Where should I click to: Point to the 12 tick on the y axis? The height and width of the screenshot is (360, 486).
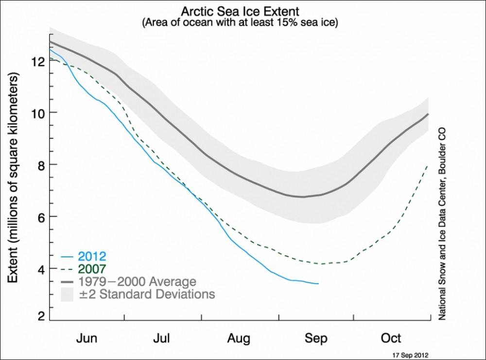[x=39, y=61]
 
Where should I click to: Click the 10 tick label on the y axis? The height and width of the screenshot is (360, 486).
[x=39, y=113]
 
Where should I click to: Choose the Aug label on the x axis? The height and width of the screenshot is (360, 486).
[x=239, y=338]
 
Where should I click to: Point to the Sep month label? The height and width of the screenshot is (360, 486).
[x=316, y=338]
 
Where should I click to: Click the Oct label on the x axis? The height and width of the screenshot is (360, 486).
[x=391, y=338]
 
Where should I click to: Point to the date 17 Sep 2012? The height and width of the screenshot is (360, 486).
[x=410, y=355]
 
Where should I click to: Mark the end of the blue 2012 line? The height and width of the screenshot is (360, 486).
[x=318, y=284]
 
